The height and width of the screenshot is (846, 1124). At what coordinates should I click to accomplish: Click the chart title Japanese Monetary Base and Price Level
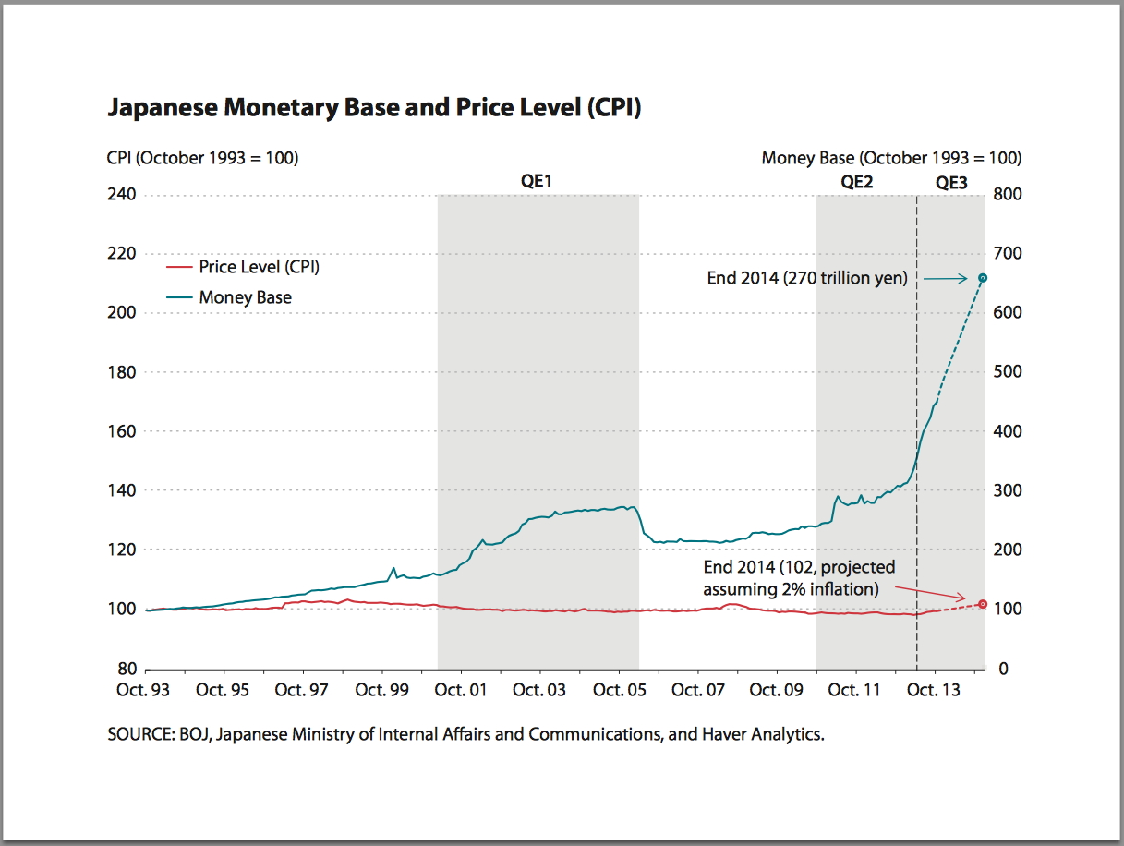pos(374,108)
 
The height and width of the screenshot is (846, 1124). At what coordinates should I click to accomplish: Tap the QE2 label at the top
pos(856,182)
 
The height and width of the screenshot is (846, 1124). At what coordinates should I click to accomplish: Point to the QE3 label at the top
pos(951,182)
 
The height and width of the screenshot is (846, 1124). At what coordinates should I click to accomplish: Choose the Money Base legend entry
pos(245,297)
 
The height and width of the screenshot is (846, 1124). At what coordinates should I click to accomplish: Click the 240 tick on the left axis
pos(123,195)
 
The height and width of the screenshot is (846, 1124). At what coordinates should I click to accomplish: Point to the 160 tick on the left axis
pos(123,431)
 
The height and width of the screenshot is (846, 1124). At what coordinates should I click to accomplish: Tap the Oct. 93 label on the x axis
pos(144,690)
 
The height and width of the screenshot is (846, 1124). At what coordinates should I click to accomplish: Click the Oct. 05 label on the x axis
pos(619,690)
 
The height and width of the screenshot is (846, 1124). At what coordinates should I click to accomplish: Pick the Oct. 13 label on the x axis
pos(935,690)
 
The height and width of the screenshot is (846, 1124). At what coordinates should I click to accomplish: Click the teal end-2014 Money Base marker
pos(983,277)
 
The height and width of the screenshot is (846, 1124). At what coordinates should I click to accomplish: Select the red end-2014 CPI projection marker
pos(983,604)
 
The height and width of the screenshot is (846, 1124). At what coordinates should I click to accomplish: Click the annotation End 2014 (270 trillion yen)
pos(807,278)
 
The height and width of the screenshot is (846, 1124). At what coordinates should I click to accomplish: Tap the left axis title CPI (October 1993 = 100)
pos(202,158)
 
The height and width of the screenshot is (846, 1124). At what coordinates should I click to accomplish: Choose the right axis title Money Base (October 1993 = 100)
pos(891,158)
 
